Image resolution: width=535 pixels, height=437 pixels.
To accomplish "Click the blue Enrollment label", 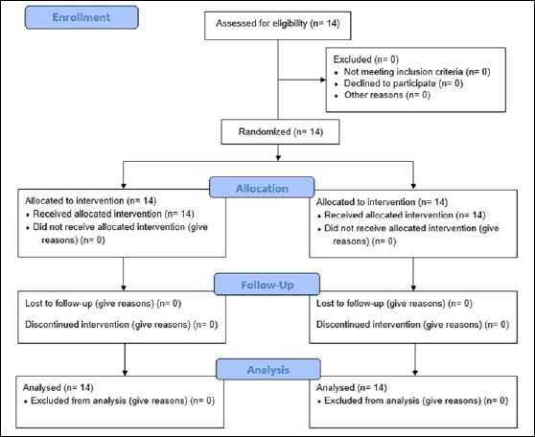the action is coord(81,17).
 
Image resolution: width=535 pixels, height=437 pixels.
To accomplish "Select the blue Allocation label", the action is coord(262,187).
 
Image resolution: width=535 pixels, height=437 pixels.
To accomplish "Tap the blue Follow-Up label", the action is coord(267,285).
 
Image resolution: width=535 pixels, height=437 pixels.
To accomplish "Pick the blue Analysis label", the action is coord(268,369).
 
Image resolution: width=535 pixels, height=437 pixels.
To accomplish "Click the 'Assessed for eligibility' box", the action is coord(278,26).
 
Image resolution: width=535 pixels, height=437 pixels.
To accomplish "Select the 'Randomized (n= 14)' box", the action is coord(280,131).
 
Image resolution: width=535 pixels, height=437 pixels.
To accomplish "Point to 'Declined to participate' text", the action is coord(389,83).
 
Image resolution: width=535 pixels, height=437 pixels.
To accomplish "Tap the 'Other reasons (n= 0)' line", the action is coord(387,95).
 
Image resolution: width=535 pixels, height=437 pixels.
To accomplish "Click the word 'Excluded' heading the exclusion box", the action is coord(352,59).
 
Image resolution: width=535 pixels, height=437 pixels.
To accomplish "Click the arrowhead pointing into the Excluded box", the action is coord(323,80).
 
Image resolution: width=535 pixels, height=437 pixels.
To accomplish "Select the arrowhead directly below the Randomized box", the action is coord(278,157).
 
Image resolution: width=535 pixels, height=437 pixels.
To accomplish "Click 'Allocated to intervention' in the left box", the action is coord(75,200).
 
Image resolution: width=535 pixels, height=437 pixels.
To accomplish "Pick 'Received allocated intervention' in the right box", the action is coord(388,215).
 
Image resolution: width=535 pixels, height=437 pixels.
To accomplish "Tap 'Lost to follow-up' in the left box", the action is coord(58,303).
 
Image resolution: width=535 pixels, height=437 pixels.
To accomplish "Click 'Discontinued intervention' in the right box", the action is coord(368,324).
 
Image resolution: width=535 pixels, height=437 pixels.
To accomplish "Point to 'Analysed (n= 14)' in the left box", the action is coord(58,387).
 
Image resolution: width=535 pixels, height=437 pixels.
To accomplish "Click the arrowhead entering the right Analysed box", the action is coord(415,373).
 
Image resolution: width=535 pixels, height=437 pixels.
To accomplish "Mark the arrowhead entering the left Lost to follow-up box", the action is coord(124,287).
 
